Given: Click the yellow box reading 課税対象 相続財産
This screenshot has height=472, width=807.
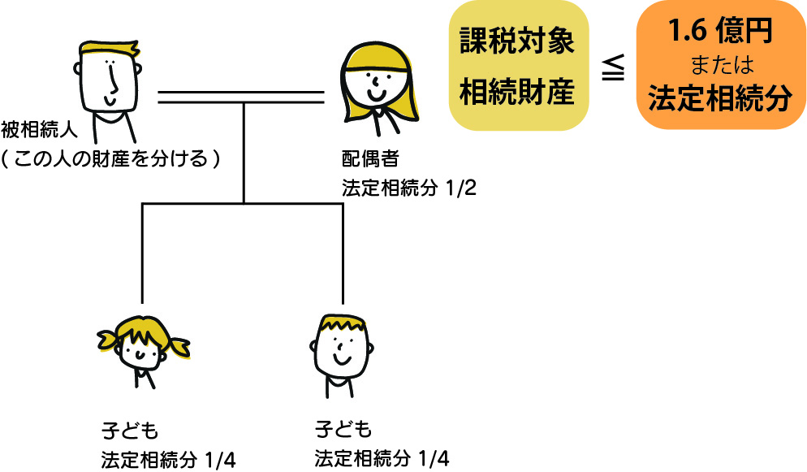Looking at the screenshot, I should coord(517,66).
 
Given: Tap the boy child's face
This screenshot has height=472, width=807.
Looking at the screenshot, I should coord(341,348).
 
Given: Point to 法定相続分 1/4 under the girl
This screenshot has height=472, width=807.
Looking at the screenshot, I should coord(169,459).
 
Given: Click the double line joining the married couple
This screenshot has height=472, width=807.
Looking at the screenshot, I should coord(241,97).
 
